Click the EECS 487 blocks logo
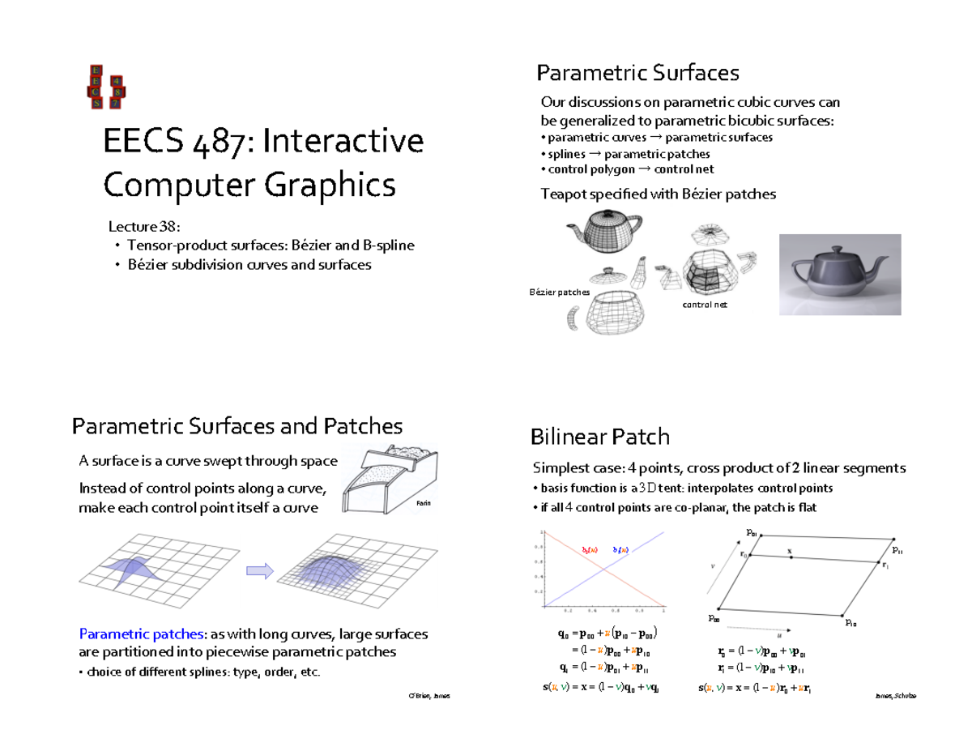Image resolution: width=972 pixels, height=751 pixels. (x=105, y=87)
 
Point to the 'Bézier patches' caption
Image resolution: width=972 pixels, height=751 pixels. (x=557, y=292)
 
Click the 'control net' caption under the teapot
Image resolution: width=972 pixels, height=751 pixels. (x=705, y=305)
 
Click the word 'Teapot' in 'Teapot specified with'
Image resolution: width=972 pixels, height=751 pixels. (x=561, y=194)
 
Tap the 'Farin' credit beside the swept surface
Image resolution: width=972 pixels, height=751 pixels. (x=423, y=503)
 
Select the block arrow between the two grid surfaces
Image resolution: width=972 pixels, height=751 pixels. (x=258, y=571)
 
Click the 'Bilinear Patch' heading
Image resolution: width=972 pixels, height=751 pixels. (x=599, y=437)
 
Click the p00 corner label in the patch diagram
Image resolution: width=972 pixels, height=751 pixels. (x=714, y=617)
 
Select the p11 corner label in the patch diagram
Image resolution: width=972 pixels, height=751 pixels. (x=897, y=551)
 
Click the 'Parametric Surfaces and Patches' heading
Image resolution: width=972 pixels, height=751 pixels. (x=237, y=426)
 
